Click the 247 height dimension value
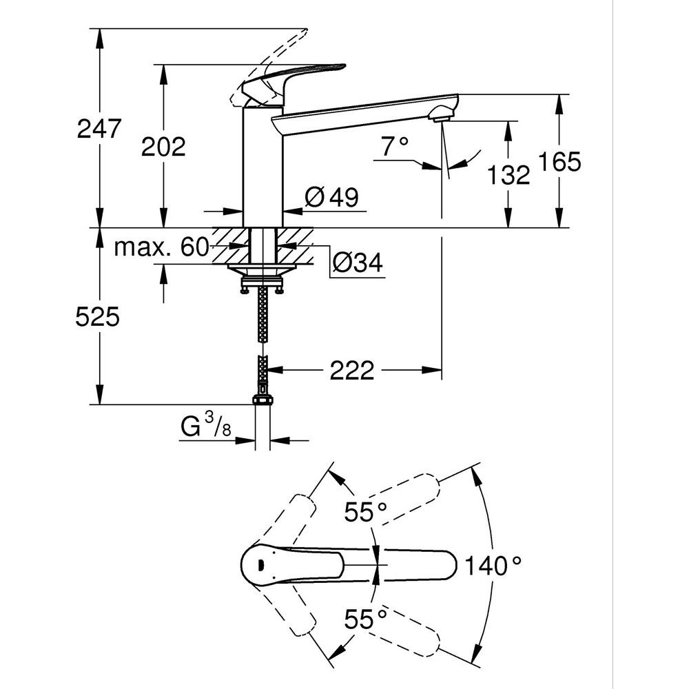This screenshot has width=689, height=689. coord(99,129)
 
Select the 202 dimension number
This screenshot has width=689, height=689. coord(163,146)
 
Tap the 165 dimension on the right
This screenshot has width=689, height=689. coord(560,161)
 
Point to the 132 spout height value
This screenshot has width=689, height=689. coord(509,175)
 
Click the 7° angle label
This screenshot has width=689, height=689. coord(395,145)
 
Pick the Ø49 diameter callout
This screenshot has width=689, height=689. coord(331,198)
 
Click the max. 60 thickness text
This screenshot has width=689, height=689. coord(161,247)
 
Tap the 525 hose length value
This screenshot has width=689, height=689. coord(97,317)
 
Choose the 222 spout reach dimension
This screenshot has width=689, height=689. coord(351,371)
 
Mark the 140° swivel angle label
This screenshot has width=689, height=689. coord(492,566)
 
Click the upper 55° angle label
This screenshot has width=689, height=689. coord(366,512)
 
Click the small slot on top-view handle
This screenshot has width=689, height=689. coord(260,564)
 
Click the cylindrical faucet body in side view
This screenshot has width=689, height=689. coord(263,165)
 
